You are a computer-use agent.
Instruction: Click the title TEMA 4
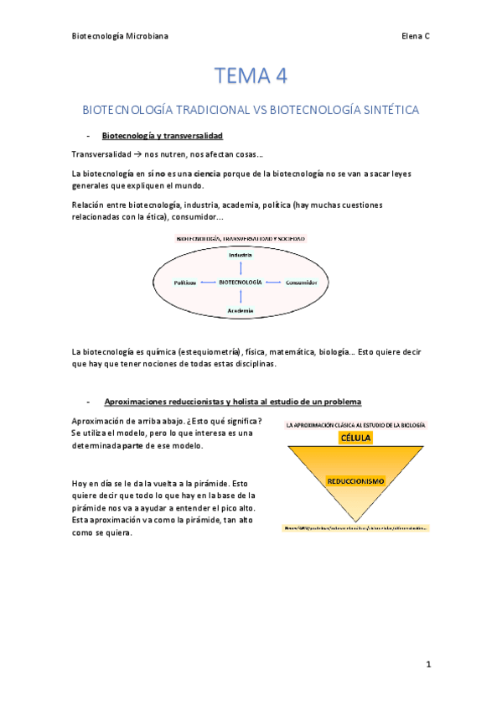click(251, 76)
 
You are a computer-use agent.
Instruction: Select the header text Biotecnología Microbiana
click(120, 37)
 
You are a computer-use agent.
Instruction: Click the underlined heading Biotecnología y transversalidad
click(162, 136)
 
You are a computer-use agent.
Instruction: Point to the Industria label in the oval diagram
click(241, 255)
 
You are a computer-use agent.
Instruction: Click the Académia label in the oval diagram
click(241, 310)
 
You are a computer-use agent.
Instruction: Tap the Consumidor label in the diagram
click(301, 283)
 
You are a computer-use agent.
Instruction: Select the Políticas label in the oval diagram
click(185, 283)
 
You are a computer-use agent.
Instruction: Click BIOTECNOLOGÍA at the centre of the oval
click(241, 283)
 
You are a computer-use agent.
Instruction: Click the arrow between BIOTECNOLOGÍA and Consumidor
click(274, 283)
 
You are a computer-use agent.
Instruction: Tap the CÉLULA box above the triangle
click(355, 438)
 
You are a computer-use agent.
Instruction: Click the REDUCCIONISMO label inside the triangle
click(355, 481)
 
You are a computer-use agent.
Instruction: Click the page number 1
click(427, 664)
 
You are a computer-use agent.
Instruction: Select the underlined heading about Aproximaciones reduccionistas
click(232, 402)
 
